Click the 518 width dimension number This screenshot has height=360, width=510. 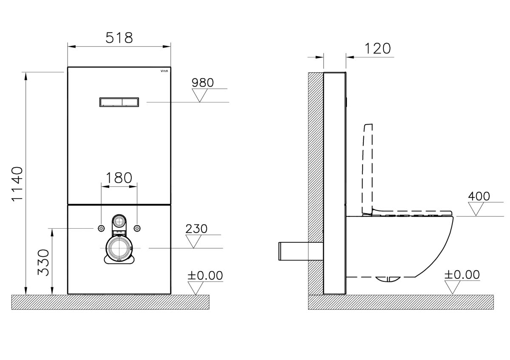pos(119,38)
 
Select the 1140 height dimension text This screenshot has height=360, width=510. pos(17,184)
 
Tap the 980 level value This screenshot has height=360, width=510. pos(203,82)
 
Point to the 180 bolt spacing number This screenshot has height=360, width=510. pos(119,178)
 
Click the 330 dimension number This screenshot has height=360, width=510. pos(43,263)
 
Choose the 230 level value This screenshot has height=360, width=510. pos(196,229)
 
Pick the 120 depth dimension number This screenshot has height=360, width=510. pos(378,48)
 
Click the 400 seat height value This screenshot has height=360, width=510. pos(479,196)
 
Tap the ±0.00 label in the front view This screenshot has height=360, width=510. pos(205,275)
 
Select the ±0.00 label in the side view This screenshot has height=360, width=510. pos(462,275)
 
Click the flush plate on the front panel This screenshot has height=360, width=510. pos(119,102)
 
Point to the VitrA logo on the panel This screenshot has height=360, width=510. pos(164,71)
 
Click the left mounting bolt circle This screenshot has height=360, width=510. pos(101,228)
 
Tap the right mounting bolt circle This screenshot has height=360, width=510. pos(137,228)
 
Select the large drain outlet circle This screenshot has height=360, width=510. pos(119,248)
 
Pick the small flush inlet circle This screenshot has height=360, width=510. pos(119,221)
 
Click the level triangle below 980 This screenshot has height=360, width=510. pos(200,95)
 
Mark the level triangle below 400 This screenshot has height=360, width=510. pos(476,209)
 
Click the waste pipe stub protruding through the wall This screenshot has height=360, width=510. pos(301,251)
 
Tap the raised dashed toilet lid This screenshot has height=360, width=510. pos(368,169)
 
